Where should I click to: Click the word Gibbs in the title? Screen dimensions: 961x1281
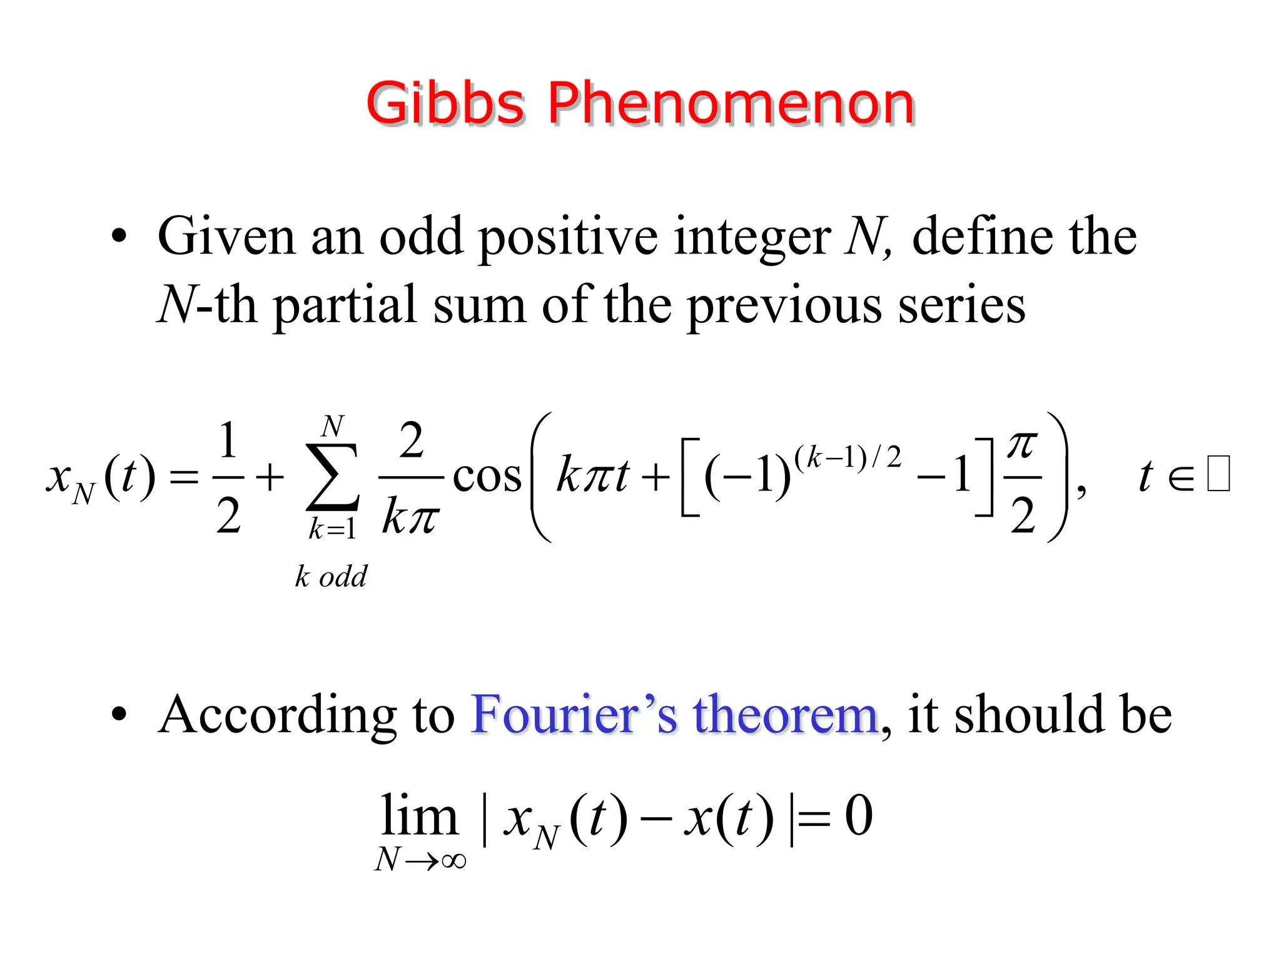click(445, 103)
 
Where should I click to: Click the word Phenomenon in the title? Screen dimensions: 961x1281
click(731, 103)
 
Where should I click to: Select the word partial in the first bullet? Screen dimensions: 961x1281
click(345, 306)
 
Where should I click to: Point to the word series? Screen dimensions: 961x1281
click(961, 306)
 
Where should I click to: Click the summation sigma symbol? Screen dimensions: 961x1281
click(332, 477)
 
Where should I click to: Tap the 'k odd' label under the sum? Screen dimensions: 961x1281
click(331, 576)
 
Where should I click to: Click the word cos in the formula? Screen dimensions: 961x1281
click(487, 477)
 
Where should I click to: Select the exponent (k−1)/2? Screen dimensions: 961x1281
click(848, 458)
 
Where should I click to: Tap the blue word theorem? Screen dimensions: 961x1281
click(785, 715)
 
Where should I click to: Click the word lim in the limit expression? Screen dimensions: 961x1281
click(419, 816)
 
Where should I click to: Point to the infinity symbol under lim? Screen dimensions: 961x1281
click(453, 861)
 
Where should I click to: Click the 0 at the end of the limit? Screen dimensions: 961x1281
click(858, 816)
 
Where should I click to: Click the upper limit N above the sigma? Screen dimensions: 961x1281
click(332, 427)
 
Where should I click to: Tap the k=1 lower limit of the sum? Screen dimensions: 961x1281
click(332, 530)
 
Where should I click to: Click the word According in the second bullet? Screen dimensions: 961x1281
click(276, 715)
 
